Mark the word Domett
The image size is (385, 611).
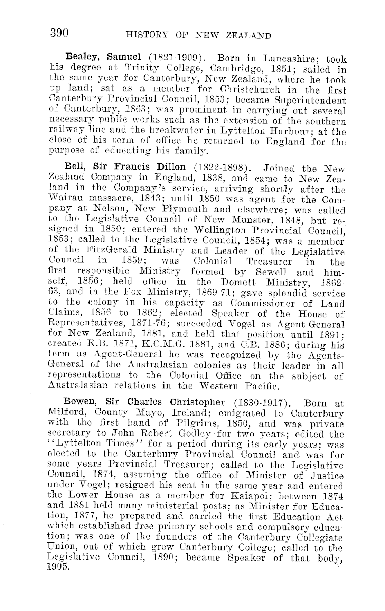tap(240, 283)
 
